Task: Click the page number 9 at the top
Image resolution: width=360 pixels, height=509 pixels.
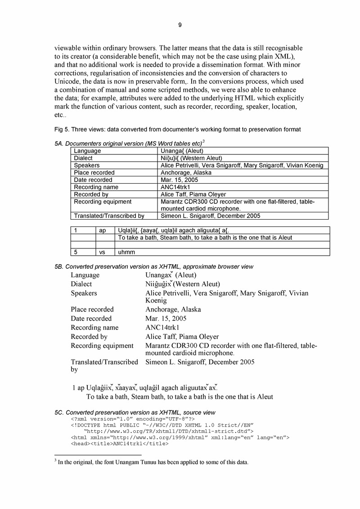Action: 180,25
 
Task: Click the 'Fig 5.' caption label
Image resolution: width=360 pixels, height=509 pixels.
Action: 62,130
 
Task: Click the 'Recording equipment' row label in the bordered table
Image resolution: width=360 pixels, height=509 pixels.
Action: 103,202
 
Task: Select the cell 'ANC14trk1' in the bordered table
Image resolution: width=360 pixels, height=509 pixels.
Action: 175,187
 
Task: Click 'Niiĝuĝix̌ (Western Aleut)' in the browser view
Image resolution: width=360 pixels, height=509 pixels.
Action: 182,284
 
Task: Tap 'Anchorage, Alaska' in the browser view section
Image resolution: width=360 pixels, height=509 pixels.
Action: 173,310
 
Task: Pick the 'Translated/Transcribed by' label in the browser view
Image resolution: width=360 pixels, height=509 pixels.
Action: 104,365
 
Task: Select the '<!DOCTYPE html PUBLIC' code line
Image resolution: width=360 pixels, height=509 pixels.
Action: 162,425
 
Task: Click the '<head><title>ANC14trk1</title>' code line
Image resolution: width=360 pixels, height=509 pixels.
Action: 119,444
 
